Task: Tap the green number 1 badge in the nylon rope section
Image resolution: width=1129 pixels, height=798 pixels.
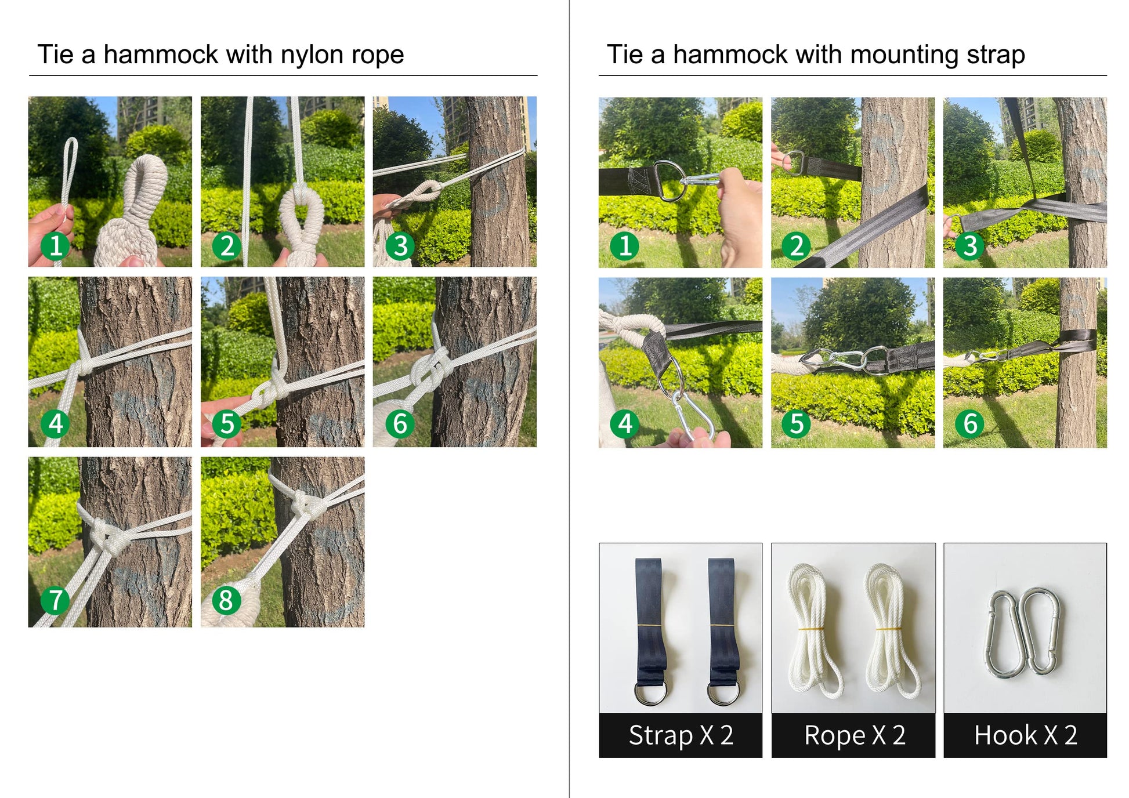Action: point(55,245)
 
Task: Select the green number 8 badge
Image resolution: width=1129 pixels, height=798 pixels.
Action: point(227,600)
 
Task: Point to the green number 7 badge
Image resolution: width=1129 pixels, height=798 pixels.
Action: point(55,600)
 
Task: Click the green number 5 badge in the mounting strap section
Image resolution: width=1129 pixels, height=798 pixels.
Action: point(797,423)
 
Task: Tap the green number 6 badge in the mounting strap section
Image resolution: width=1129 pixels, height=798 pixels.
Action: point(969,423)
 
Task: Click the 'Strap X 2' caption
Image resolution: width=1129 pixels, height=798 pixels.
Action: point(681,735)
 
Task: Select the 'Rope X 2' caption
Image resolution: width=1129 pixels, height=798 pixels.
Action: point(855,735)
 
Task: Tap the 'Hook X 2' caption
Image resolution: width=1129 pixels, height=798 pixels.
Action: point(1026,735)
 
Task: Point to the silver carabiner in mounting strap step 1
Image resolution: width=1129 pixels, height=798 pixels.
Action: point(702,180)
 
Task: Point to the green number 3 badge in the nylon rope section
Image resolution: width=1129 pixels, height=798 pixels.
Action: point(400,245)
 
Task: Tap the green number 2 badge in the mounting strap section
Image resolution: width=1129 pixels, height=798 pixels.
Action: point(797,245)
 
